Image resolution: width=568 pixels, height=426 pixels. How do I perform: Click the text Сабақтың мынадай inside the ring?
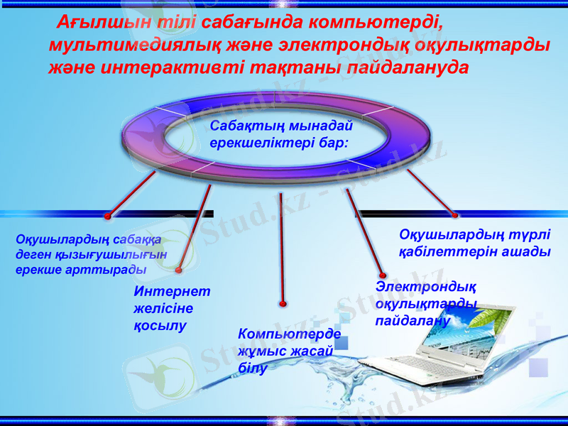281,126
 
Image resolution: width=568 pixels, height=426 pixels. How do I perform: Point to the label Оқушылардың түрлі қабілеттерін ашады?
474,243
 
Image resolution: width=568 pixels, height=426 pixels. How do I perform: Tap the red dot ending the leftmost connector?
107,216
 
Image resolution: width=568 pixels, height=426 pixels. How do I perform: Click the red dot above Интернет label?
179,271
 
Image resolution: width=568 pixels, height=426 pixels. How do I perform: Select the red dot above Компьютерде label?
283,304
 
